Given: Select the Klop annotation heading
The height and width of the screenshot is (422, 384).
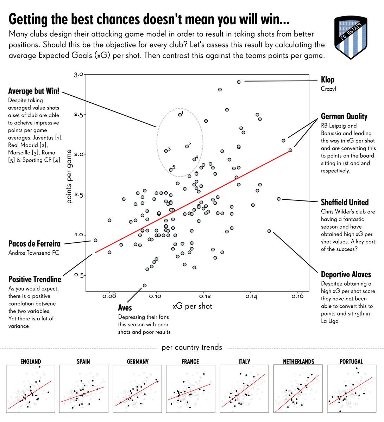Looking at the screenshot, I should tap(327, 80).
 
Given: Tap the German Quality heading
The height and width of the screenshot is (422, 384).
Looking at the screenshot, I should tap(344, 116).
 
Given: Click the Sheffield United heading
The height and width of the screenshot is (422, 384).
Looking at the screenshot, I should tap(345, 202).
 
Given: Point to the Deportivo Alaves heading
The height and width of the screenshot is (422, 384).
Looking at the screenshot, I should tap(346, 274).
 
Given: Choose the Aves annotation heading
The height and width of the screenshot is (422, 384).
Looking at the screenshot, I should tap(125, 308).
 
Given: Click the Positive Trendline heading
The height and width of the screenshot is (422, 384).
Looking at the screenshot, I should tap(34, 279).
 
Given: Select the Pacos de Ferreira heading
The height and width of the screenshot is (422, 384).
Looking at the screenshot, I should tap(34, 244).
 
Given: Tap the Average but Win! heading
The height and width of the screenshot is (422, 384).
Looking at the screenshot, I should tap(34, 91).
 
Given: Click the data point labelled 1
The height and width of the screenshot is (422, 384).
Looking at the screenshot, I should tap(180, 115).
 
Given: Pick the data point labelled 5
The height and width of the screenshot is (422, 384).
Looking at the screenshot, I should tap(171, 170).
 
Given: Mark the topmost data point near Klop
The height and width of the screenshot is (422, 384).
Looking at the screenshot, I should tap(239, 82).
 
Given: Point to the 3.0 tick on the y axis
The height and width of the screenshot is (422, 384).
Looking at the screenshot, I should tap(78, 75).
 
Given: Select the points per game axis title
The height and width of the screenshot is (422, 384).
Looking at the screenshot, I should tap(69, 177).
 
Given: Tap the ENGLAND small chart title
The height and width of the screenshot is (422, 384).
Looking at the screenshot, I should tap(31, 362).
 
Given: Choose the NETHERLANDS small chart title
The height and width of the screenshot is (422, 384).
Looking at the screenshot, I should tap(298, 362).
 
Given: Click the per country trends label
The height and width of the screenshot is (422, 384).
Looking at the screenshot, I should tap(192, 347).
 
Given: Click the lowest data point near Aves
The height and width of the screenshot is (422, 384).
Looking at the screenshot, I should tap(145, 286).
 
